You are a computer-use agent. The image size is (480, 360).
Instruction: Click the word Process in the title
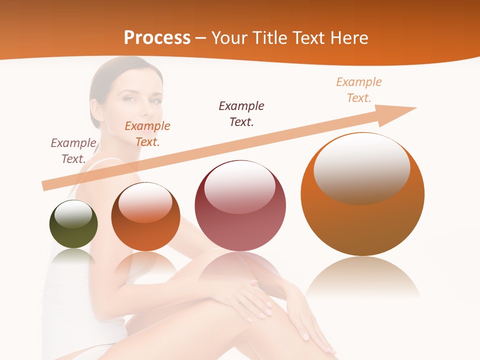click(x=157, y=38)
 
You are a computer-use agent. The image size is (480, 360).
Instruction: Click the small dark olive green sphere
click(x=73, y=224)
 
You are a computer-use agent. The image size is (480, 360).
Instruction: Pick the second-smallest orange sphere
click(x=145, y=217)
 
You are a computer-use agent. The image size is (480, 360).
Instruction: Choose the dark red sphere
click(x=240, y=206)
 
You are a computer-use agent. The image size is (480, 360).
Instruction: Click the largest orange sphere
click(x=362, y=194)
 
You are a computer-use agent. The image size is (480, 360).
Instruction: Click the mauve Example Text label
click(x=73, y=151)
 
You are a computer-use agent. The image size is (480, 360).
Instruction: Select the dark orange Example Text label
click(x=147, y=134)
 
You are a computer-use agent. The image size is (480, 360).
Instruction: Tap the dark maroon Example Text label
click(x=241, y=113)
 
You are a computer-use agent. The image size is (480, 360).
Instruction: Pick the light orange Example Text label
click(x=359, y=90)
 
